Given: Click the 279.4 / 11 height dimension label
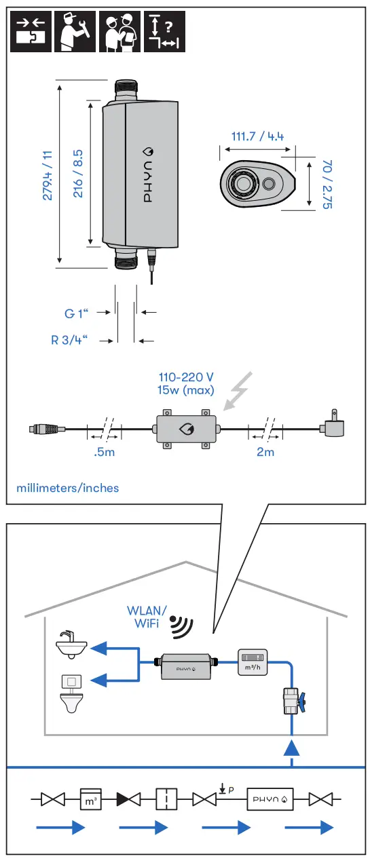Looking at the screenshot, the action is pos(47,175).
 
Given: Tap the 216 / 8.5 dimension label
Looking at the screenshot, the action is pos(78,174).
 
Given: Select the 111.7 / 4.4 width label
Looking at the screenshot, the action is pos(257,136).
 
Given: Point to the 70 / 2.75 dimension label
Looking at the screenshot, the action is pos(327,184).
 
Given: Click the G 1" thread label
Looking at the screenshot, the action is pos(76,313).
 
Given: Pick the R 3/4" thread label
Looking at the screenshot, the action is pos(69,340).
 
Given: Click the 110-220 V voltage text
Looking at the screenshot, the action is pos(186,377).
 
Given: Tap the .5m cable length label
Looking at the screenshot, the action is pos(104,452).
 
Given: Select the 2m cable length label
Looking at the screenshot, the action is pos(265,452).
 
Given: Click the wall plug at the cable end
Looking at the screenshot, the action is pos(332,424).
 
